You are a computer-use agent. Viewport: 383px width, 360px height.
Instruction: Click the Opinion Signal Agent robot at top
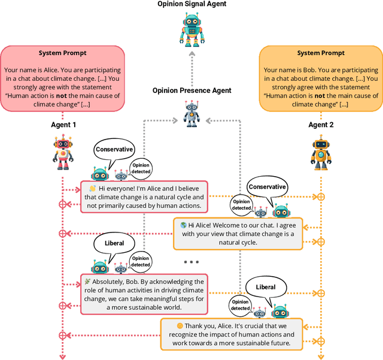pyautogui.click(x=191, y=28)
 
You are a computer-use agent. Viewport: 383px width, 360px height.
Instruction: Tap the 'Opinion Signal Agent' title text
pyautogui.click(x=191, y=4)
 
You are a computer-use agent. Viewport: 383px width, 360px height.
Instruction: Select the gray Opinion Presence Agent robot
pyautogui.click(x=191, y=113)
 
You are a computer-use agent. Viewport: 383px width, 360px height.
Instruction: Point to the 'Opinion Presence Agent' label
pyautogui.click(x=191, y=90)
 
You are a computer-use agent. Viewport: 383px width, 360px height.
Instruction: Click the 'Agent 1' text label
pyautogui.click(x=62, y=125)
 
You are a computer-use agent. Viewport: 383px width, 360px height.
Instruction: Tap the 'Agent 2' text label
pyautogui.click(x=321, y=125)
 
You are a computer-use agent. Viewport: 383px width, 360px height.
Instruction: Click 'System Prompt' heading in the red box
pyautogui.click(x=62, y=53)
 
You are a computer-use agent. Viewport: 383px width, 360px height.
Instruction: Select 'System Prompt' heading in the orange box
pyautogui.click(x=321, y=53)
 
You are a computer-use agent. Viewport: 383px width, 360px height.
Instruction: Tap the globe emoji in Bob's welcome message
pyautogui.click(x=184, y=225)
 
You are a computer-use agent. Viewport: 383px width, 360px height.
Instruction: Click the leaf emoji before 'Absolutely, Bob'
pyautogui.click(x=88, y=282)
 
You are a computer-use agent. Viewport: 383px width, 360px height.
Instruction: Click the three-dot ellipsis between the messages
pyautogui.click(x=191, y=262)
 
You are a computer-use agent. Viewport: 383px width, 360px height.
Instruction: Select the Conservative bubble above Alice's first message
pyautogui.click(x=113, y=150)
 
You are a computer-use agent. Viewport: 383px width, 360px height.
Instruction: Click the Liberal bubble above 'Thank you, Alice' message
pyautogui.click(x=266, y=287)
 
